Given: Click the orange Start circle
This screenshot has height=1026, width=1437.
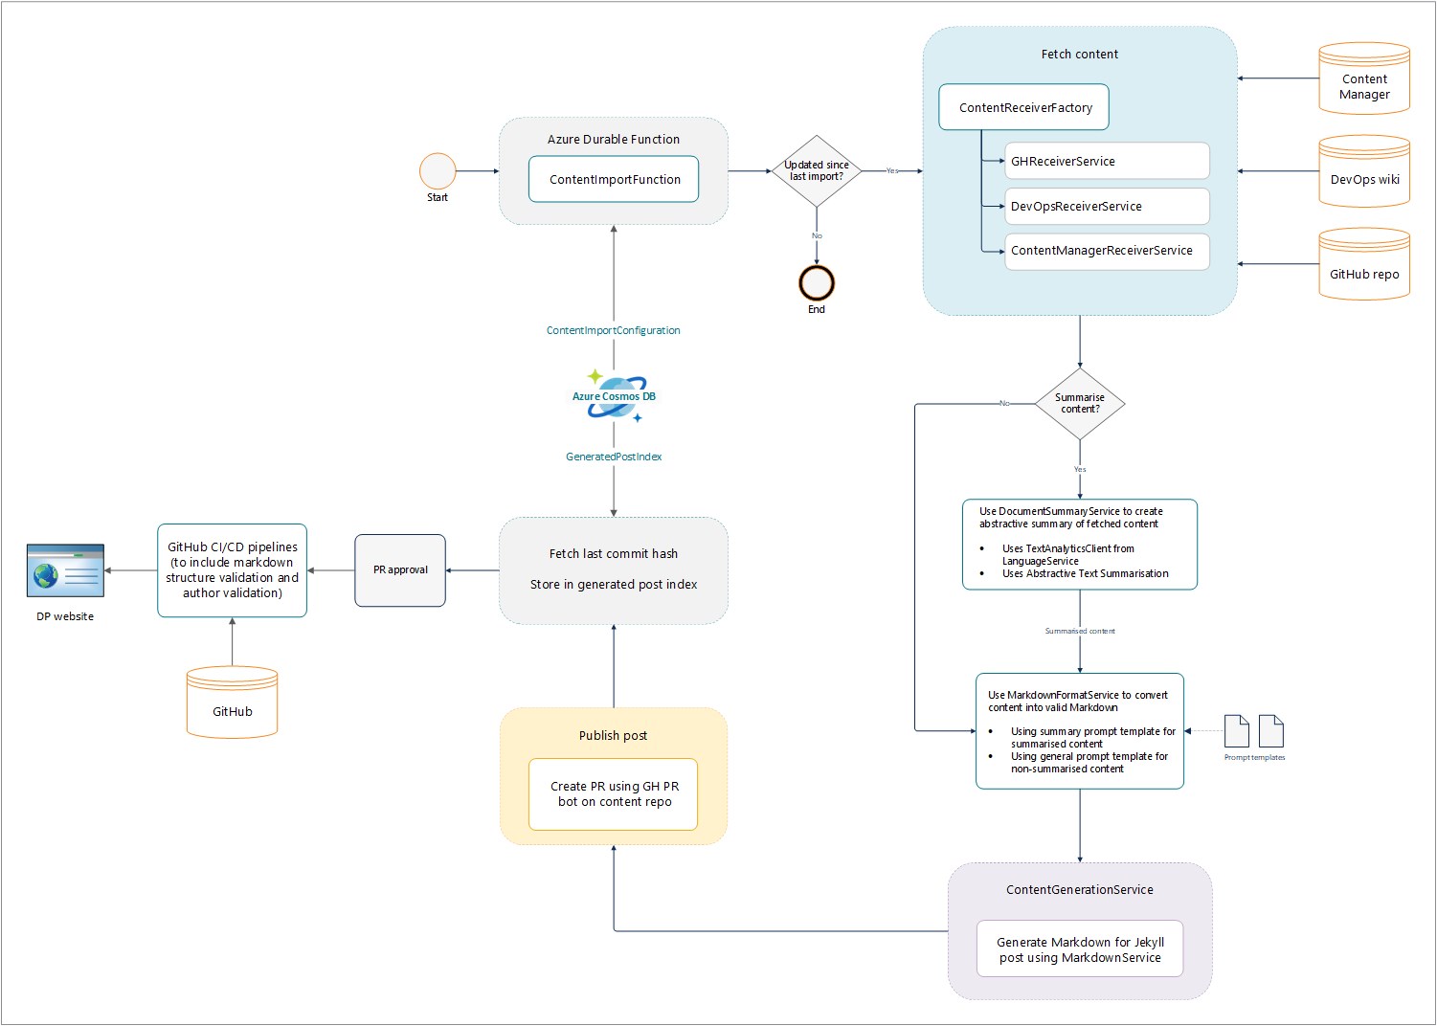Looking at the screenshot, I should click(438, 171).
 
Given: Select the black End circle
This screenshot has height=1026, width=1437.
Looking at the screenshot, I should click(817, 283).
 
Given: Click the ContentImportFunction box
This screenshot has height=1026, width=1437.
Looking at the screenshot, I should click(614, 179).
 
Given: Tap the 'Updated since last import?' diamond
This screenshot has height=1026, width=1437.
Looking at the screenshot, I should click(817, 171).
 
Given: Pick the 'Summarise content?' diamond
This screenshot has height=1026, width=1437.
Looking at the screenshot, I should click(1080, 404).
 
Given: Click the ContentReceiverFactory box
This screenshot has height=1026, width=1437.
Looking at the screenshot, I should click(1024, 107).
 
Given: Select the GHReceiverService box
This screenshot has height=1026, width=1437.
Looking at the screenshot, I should click(1107, 161).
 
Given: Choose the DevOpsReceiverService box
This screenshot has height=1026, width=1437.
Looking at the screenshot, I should click(1107, 206).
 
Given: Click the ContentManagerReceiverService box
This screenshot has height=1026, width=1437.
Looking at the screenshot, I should click(1107, 251).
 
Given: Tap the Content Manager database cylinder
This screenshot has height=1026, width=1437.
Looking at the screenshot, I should click(1364, 79).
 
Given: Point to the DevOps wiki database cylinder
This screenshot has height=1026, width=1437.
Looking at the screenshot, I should click(1364, 172).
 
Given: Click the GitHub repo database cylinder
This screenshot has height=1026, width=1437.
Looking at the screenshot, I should click(1364, 265).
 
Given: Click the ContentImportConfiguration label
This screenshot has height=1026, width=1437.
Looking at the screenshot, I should click(614, 330).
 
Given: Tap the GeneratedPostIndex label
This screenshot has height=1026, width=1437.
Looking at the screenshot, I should click(614, 457).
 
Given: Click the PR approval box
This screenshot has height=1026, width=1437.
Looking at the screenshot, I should click(400, 570).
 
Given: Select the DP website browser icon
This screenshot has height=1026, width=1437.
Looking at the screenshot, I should click(65, 571).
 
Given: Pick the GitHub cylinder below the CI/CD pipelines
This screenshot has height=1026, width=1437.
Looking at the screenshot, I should click(233, 703).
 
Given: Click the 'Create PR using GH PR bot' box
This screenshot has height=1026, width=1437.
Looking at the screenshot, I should click(614, 794).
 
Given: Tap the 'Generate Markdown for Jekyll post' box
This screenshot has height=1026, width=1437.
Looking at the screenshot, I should click(1080, 949).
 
